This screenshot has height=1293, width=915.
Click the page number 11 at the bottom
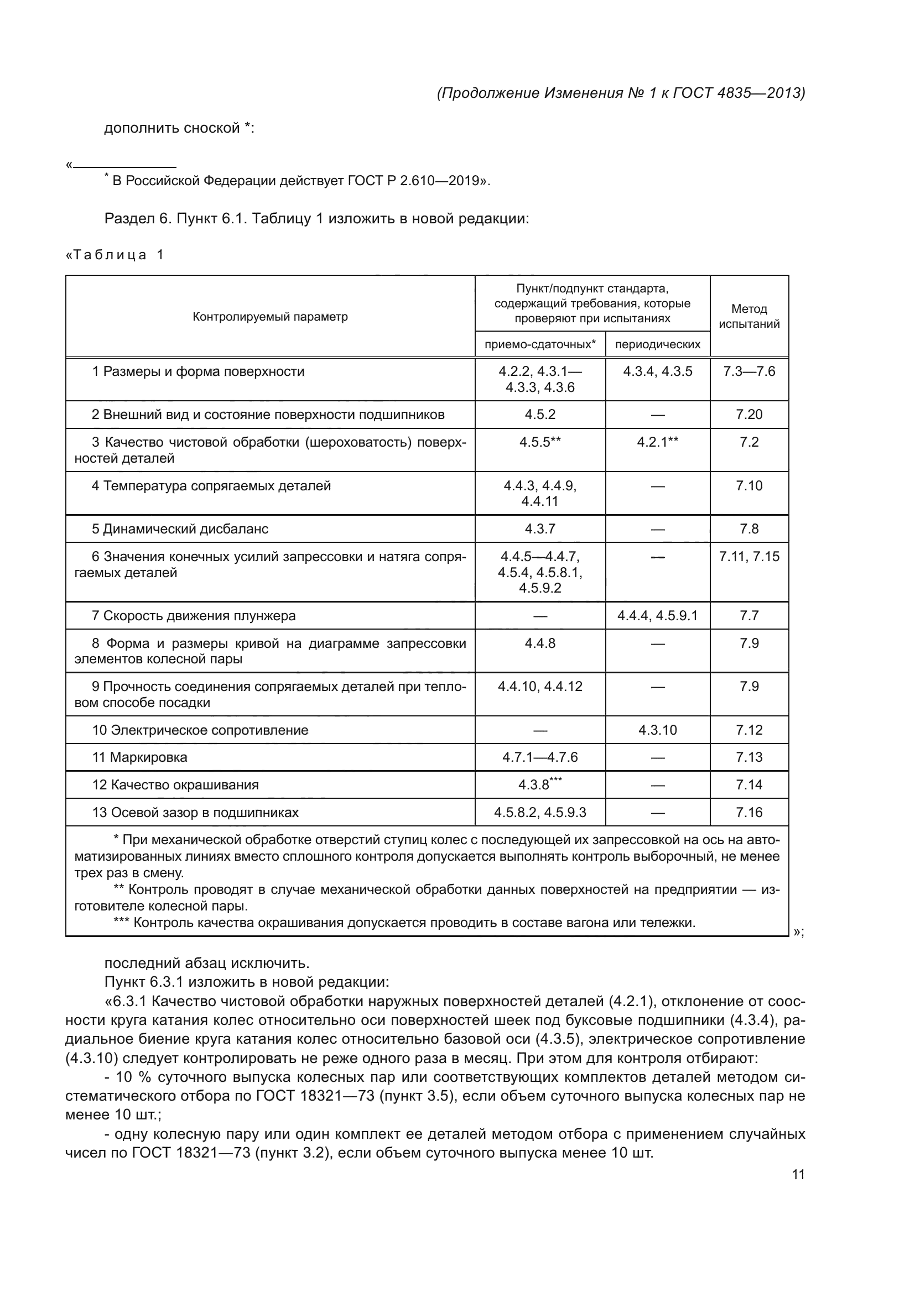[798, 1174]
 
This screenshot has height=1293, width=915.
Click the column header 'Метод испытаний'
[749, 316]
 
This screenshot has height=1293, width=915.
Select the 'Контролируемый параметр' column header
[270, 317]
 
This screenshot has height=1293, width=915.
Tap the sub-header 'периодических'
[658, 344]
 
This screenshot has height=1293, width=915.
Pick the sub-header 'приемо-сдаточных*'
[540, 344]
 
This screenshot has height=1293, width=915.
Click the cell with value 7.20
[749, 415]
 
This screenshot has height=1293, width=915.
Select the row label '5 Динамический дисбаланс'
[180, 529]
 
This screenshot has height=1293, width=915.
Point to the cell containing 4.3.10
[658, 730]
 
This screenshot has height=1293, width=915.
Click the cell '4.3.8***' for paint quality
[540, 784]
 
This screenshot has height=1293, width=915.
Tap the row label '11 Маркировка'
[139, 757]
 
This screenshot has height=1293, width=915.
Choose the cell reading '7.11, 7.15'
[749, 557]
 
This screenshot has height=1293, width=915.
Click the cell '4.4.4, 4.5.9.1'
[658, 615]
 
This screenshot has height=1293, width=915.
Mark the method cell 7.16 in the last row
[749, 812]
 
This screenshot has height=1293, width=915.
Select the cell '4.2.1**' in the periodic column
[658, 442]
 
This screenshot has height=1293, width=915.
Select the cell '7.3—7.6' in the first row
[749, 371]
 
